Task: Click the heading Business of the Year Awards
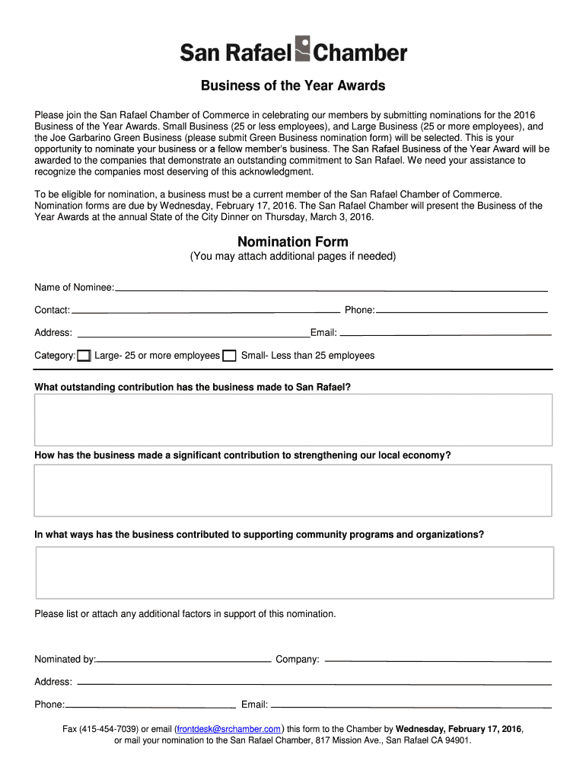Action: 293,85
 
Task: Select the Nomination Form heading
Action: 293,241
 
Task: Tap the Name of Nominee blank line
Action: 331,290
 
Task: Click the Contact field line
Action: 205,312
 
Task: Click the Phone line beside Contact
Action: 462,312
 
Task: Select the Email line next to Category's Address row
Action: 445,334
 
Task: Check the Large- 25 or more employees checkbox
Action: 84,356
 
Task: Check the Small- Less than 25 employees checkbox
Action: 229,356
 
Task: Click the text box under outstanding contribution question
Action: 293,420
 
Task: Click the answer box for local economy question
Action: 293,491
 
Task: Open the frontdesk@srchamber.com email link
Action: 229,729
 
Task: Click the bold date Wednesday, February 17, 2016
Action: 458,729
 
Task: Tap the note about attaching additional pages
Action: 293,257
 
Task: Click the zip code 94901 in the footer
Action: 457,740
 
